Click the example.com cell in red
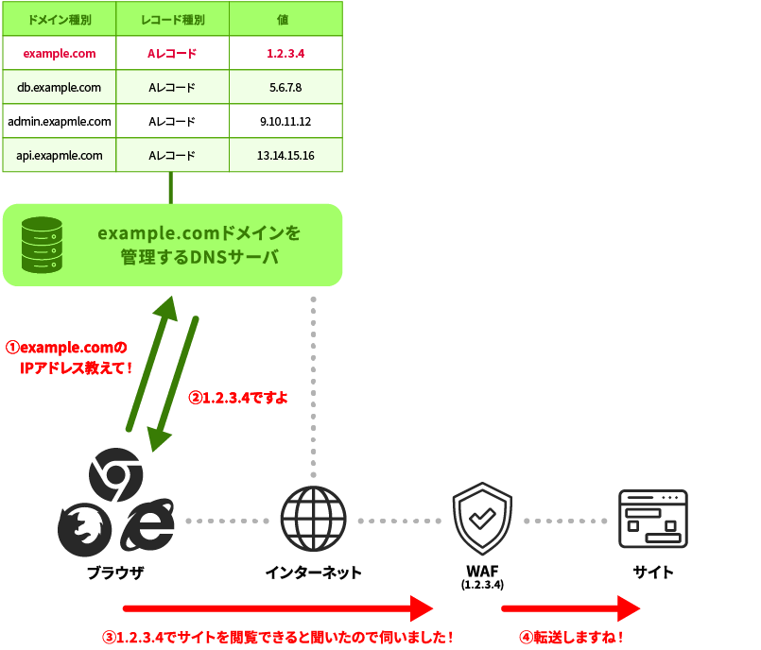[60, 54]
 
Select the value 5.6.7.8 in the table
[285, 88]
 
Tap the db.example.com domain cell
[60, 88]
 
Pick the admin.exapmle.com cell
[60, 122]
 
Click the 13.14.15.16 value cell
[285, 156]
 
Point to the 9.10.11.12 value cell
[285, 122]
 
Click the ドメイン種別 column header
[60, 20]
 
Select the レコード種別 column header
[172, 20]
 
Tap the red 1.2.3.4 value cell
[285, 54]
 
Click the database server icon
[42, 245]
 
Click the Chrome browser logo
[115, 471]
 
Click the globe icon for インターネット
[313, 520]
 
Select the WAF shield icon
[482, 520]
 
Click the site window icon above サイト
[652, 520]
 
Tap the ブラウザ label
[114, 573]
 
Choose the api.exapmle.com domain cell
[60, 156]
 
